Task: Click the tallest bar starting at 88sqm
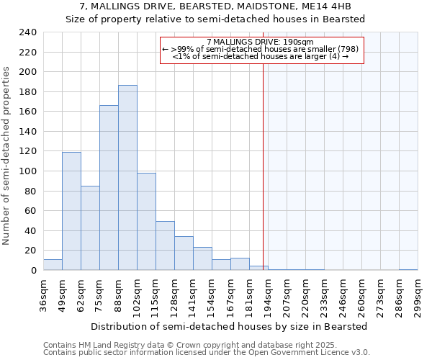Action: (127, 178)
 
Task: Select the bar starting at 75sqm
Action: (109, 187)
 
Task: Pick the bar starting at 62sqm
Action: (90, 228)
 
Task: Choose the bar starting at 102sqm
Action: (146, 221)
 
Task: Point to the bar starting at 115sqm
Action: (165, 246)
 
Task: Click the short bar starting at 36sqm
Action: (53, 264)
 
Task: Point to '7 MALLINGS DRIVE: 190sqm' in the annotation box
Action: (259, 42)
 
